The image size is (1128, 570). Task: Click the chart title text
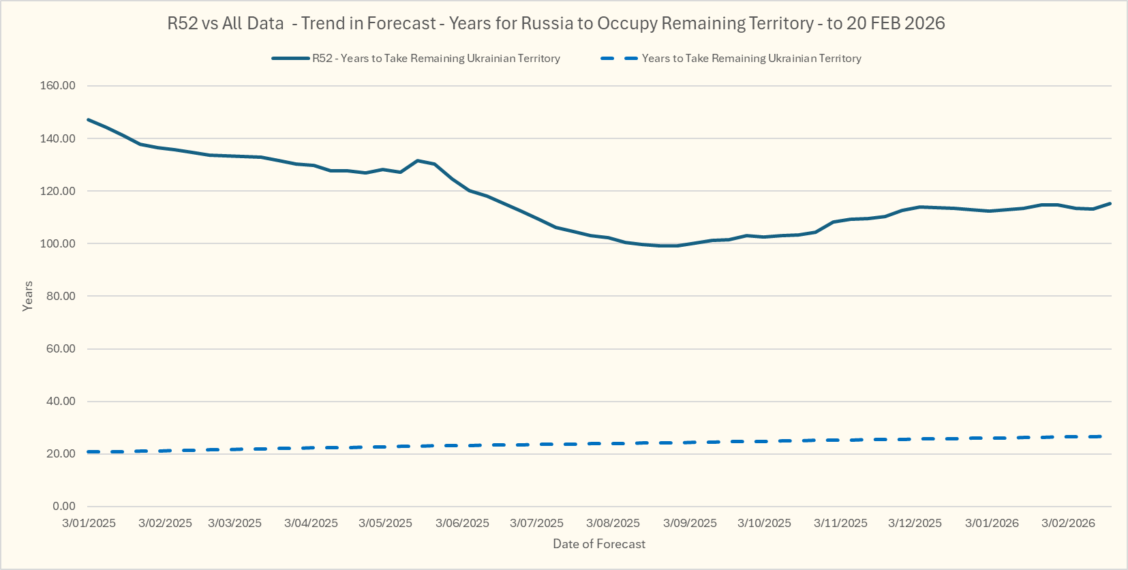pyautogui.click(x=556, y=23)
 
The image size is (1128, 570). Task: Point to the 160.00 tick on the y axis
pyautogui.click(x=58, y=86)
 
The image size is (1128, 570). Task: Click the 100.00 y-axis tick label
pyautogui.click(x=58, y=243)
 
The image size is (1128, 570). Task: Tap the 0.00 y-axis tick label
pyautogui.click(x=63, y=506)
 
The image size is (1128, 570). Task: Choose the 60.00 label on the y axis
pyautogui.click(x=61, y=348)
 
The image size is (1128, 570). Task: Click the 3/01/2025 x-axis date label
pyautogui.click(x=89, y=523)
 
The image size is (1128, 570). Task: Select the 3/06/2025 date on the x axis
pyautogui.click(x=462, y=523)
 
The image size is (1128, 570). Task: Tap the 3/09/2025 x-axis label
pyautogui.click(x=690, y=523)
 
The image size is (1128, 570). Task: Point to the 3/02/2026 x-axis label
pyautogui.click(x=1068, y=523)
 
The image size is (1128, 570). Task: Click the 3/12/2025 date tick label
pyautogui.click(x=915, y=523)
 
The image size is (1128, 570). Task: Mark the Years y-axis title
pyautogui.click(x=28, y=296)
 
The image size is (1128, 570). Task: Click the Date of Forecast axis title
pyautogui.click(x=599, y=544)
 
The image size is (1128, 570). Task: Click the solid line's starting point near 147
pyautogui.click(x=89, y=120)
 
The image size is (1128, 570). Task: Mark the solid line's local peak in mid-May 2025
pyautogui.click(x=418, y=160)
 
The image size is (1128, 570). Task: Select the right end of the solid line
pyautogui.click(x=1110, y=203)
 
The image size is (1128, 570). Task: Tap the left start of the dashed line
pyautogui.click(x=89, y=452)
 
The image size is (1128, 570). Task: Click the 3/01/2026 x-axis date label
pyautogui.click(x=992, y=523)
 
